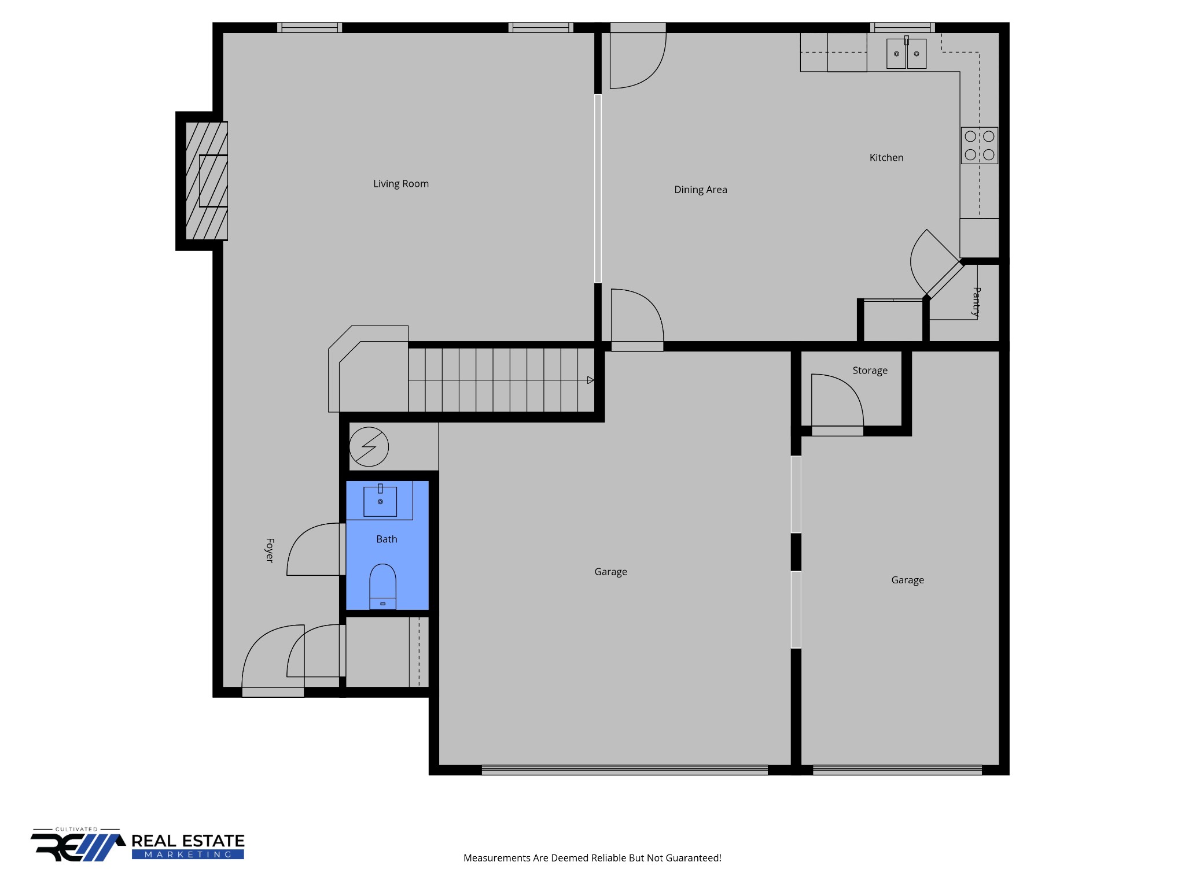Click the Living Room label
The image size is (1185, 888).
point(400,184)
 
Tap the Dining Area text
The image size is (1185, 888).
point(700,190)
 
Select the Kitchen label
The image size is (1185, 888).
point(886,158)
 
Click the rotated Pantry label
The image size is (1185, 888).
point(977,302)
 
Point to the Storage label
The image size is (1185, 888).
point(870,371)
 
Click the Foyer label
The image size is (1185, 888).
point(270,550)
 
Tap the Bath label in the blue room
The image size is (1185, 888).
point(387,539)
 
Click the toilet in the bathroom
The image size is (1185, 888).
point(382,585)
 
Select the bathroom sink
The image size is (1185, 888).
point(380,501)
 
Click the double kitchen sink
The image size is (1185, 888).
point(906,54)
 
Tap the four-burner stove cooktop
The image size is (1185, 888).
point(979,146)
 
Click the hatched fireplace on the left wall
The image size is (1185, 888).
point(207,181)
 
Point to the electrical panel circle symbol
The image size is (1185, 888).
point(369,447)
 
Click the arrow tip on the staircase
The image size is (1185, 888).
point(591,380)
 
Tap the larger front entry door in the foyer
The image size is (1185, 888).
point(272,659)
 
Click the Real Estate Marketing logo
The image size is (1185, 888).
point(138,845)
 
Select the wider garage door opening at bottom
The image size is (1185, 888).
point(624,769)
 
